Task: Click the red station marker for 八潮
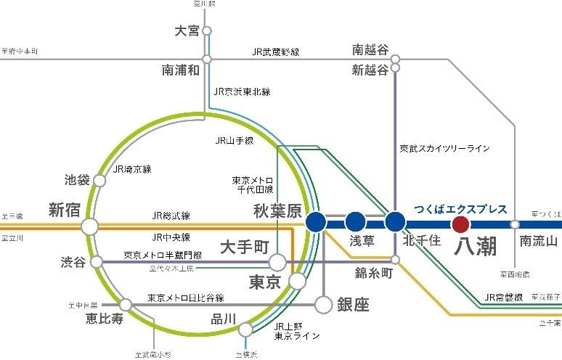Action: point(460,224)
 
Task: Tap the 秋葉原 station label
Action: point(276,211)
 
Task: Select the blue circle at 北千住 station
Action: point(395,222)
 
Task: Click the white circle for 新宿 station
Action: point(90,227)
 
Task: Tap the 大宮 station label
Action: point(187,31)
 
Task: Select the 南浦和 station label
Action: point(181,71)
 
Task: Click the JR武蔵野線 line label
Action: point(276,52)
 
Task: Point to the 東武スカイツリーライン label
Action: point(444,148)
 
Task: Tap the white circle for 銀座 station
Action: point(323,303)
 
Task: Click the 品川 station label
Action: point(224,317)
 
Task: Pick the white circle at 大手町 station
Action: point(277,262)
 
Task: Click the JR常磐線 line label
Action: point(504,297)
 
